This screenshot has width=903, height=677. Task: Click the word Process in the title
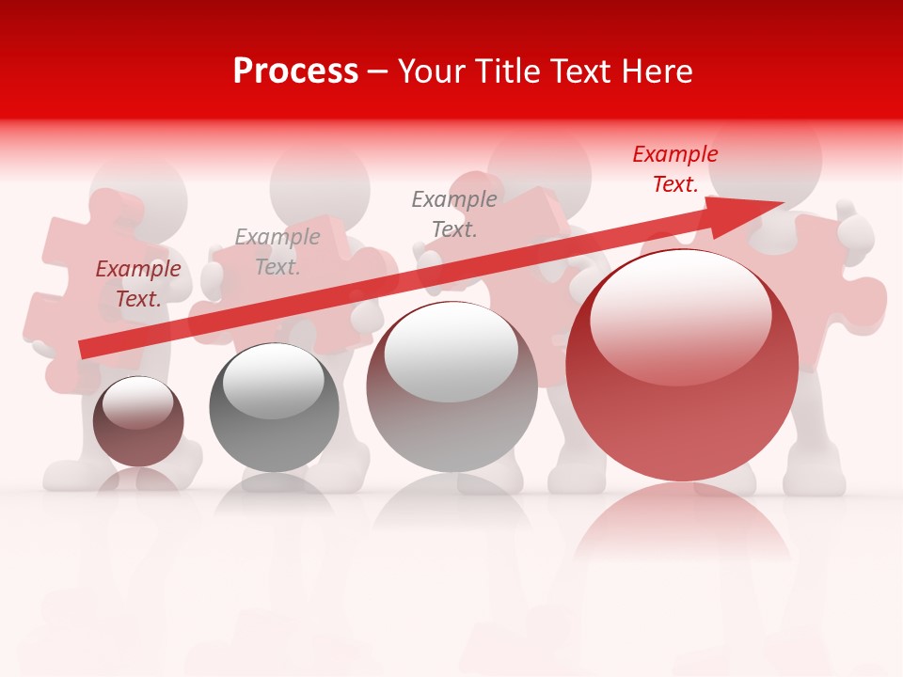coord(295,71)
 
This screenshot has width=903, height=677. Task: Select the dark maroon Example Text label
coord(138,284)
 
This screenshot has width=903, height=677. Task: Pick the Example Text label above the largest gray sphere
coord(454,214)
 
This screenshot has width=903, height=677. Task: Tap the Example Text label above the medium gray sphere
coord(277,252)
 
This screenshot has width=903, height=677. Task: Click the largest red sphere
coord(682,395)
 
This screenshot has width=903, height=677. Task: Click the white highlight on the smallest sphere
coord(137,402)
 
